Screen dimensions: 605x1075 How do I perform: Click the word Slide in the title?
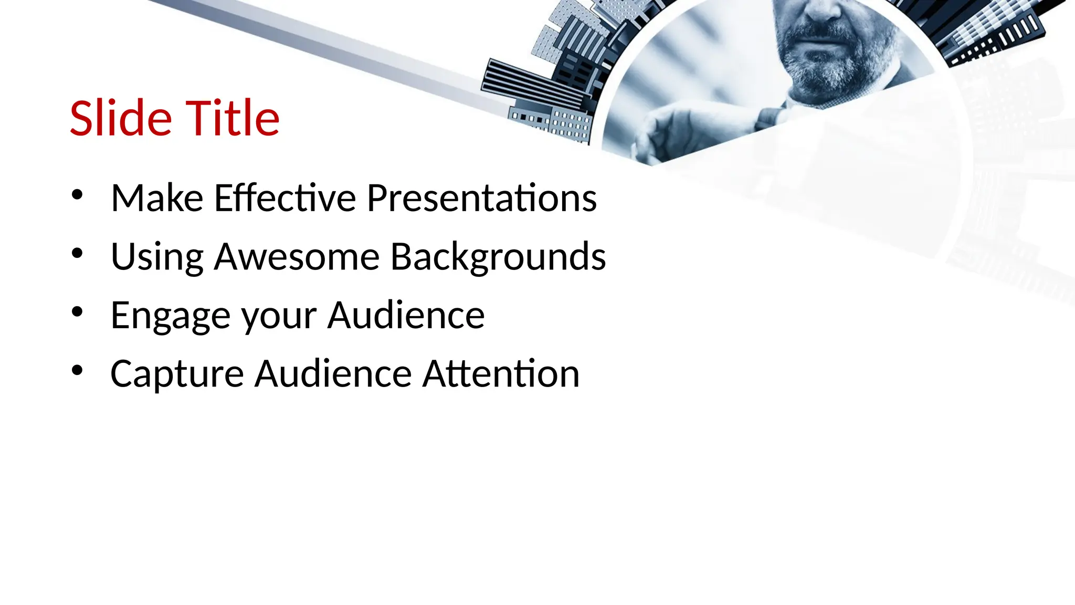coord(121,118)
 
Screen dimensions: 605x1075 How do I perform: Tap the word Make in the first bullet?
coord(157,198)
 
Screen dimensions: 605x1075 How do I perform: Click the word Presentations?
coord(481,198)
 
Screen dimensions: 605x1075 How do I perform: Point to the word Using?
coord(157,257)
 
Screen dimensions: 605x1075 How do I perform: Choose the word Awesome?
coord(297,257)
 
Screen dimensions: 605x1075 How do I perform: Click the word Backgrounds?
coord(498,257)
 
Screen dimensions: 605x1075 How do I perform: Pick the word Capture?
coord(177,374)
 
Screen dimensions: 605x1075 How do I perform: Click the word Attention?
coord(501,374)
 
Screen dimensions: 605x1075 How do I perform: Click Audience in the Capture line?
coord(333,374)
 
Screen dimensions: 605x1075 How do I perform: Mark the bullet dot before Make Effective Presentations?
coord(77,195)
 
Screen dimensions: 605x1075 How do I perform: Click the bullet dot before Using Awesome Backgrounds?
coord(77,254)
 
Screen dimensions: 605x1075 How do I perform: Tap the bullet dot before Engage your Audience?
coord(77,312)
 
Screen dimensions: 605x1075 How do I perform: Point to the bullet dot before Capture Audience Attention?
coord(77,371)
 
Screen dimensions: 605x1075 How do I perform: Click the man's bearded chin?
coord(829,74)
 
